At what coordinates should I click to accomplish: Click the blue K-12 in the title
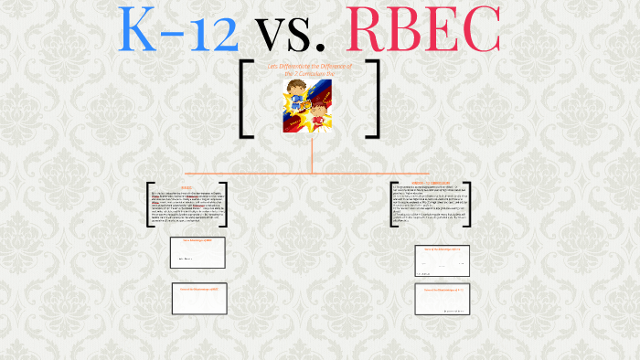[179, 30]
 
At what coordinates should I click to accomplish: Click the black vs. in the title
[292, 32]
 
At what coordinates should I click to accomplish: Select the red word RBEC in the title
[423, 30]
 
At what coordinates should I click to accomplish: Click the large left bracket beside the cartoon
[246, 99]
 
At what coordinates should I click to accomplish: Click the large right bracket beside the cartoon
[372, 99]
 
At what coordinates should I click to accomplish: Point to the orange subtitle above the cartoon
[309, 70]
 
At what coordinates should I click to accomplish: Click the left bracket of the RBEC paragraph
[150, 203]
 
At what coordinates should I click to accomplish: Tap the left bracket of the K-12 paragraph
[394, 200]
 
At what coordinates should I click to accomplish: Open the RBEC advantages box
[197, 252]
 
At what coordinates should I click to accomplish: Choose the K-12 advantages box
[442, 261]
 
